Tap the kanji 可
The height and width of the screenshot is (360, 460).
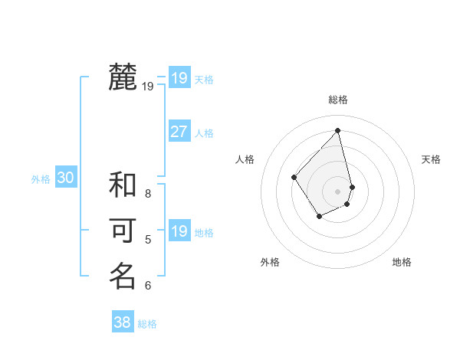[123, 231]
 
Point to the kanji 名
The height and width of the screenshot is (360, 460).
[123, 276]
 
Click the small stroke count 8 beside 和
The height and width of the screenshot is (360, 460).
[148, 194]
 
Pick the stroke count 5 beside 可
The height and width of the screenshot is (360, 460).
[148, 240]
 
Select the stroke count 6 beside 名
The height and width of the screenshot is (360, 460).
[148, 286]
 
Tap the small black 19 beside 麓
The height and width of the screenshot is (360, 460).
[148, 87]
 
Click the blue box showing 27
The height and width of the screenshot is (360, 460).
[179, 132]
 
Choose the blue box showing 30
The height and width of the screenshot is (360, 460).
[65, 178]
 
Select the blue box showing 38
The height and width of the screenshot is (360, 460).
[122, 322]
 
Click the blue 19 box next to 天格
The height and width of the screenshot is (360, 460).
[179, 78]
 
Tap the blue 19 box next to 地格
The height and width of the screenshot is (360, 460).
[179, 231]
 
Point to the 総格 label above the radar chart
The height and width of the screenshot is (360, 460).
[338, 100]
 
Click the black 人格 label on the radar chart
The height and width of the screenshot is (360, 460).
[245, 159]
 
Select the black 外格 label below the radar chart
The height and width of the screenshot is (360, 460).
[270, 262]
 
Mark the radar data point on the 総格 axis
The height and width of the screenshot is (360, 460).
[338, 130]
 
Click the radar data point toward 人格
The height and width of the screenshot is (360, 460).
[294, 178]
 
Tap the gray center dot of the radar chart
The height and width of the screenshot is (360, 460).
[338, 190]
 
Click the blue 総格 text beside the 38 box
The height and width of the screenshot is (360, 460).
[147, 324]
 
